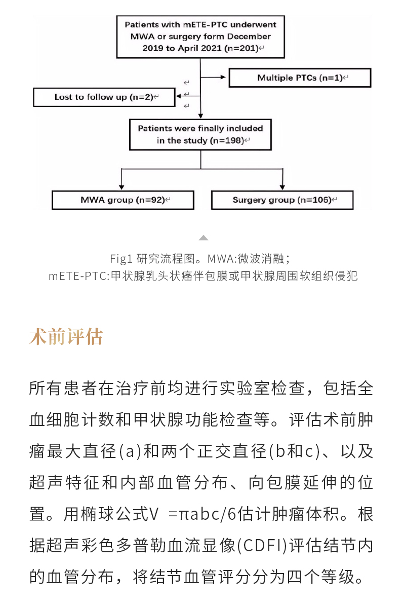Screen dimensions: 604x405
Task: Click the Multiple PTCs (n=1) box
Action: (300, 78)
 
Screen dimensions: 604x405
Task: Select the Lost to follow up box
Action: (104, 97)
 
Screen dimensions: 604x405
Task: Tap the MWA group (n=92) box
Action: (123, 200)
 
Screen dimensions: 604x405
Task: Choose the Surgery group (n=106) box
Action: (282, 200)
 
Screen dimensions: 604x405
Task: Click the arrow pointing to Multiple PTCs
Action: (215, 78)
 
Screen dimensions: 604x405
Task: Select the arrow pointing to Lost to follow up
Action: (187, 95)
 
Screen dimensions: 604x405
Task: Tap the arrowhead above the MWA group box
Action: (121, 186)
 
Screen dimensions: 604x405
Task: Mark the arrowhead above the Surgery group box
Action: (282, 186)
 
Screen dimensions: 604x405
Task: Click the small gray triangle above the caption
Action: (203, 238)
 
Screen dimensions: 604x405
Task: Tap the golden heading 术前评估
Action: (66, 337)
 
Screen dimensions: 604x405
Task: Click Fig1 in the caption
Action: (121, 259)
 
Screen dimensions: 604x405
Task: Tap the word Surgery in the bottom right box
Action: (249, 200)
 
